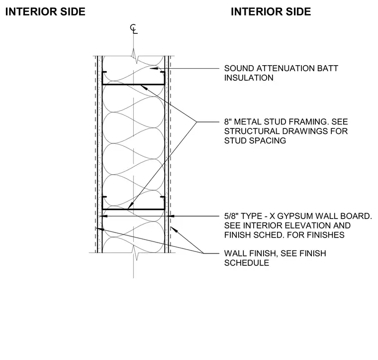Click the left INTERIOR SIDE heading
[45, 11]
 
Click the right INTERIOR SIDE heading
[271, 11]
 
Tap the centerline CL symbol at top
[134, 29]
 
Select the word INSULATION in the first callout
[249, 78]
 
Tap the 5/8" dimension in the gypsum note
[231, 216]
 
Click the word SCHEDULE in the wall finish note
[247, 263]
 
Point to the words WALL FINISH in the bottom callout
[250, 253]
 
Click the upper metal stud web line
[133, 85]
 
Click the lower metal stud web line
[133, 209]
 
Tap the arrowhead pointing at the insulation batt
[153, 69]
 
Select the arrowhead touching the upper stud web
[143, 87]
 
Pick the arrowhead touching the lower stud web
[130, 206]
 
